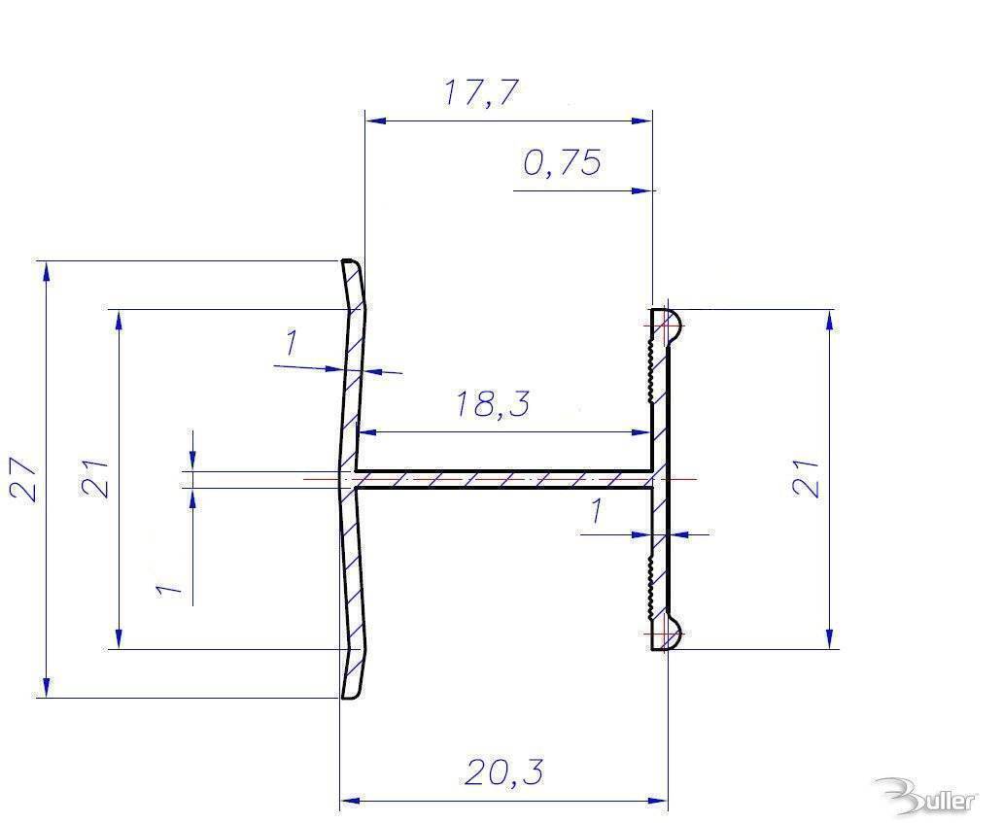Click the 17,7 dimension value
click(x=482, y=92)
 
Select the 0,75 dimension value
click(x=562, y=162)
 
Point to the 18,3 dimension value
click(x=493, y=404)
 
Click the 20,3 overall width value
click(x=503, y=773)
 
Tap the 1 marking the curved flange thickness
click(x=290, y=343)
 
